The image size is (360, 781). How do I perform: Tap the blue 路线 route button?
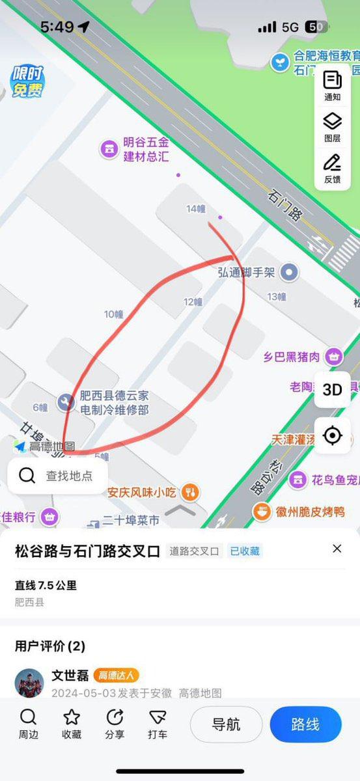[x=305, y=724]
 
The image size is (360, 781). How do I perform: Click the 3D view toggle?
[x=333, y=389]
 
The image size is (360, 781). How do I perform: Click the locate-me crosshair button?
[x=333, y=435]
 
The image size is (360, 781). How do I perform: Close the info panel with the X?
[x=337, y=549]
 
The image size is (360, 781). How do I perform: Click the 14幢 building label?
[x=195, y=209]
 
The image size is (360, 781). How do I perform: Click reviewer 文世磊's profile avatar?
[x=29, y=683]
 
